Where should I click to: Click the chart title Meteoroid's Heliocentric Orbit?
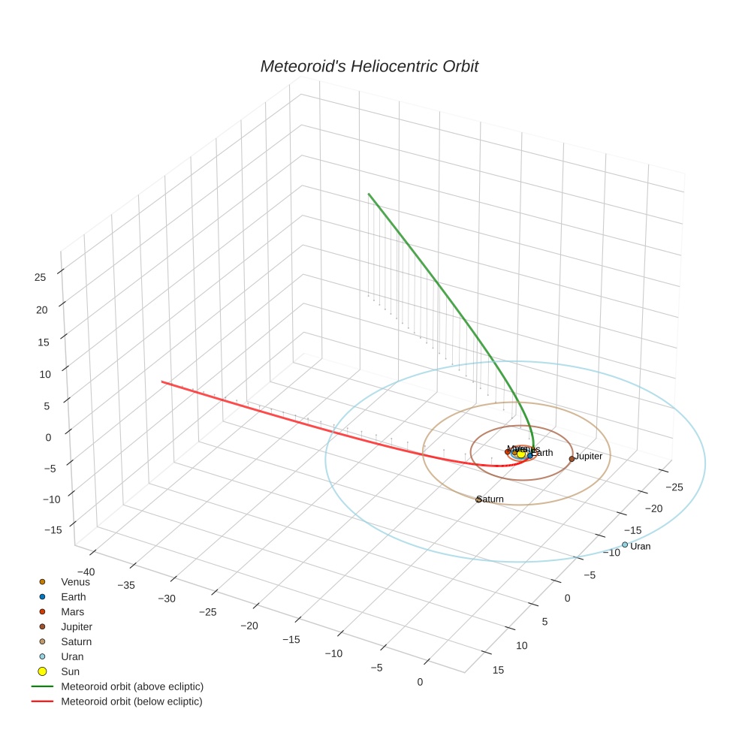tap(369, 66)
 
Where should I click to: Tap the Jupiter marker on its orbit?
tap(572, 458)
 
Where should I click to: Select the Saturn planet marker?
tap(478, 499)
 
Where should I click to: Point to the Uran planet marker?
tap(624, 544)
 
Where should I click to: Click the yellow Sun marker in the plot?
tap(520, 454)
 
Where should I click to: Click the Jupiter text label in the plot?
tap(589, 456)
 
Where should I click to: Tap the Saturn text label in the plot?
tap(491, 499)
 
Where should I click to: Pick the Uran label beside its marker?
tap(641, 546)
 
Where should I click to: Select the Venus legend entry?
tap(75, 581)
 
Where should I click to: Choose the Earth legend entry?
tap(74, 596)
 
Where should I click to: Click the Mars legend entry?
tap(73, 611)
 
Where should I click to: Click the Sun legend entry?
tap(70, 671)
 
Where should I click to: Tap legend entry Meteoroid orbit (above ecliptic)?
tap(132, 686)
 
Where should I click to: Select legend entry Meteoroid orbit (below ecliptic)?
tap(131, 701)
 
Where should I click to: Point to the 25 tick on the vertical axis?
tap(40, 276)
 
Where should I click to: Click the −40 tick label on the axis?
tap(87, 572)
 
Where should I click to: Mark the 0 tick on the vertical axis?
tap(47, 437)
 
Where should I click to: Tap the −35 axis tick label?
tap(125, 585)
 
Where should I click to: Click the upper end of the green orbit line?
tap(369, 194)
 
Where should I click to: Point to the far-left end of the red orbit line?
tap(162, 382)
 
